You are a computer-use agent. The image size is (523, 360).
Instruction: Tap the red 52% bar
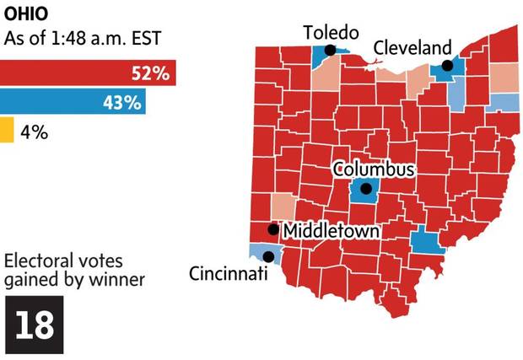click(x=88, y=73)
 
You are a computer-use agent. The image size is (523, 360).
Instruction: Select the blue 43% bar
click(x=73, y=103)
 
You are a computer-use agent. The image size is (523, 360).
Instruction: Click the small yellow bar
click(x=7, y=131)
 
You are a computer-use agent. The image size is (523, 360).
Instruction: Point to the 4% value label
click(x=35, y=132)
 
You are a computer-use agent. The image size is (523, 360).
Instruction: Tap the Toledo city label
click(x=331, y=33)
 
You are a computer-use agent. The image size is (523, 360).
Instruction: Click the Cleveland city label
click(x=412, y=47)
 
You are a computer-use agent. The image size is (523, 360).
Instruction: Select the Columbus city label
click(x=374, y=169)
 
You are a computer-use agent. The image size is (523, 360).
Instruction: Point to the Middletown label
click(x=330, y=230)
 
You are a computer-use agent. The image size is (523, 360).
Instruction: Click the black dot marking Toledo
click(x=330, y=51)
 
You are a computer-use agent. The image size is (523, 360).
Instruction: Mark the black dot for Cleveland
click(x=447, y=65)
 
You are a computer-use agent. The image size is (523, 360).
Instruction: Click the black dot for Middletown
click(x=272, y=229)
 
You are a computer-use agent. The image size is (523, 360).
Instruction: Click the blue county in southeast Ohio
click(x=428, y=242)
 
